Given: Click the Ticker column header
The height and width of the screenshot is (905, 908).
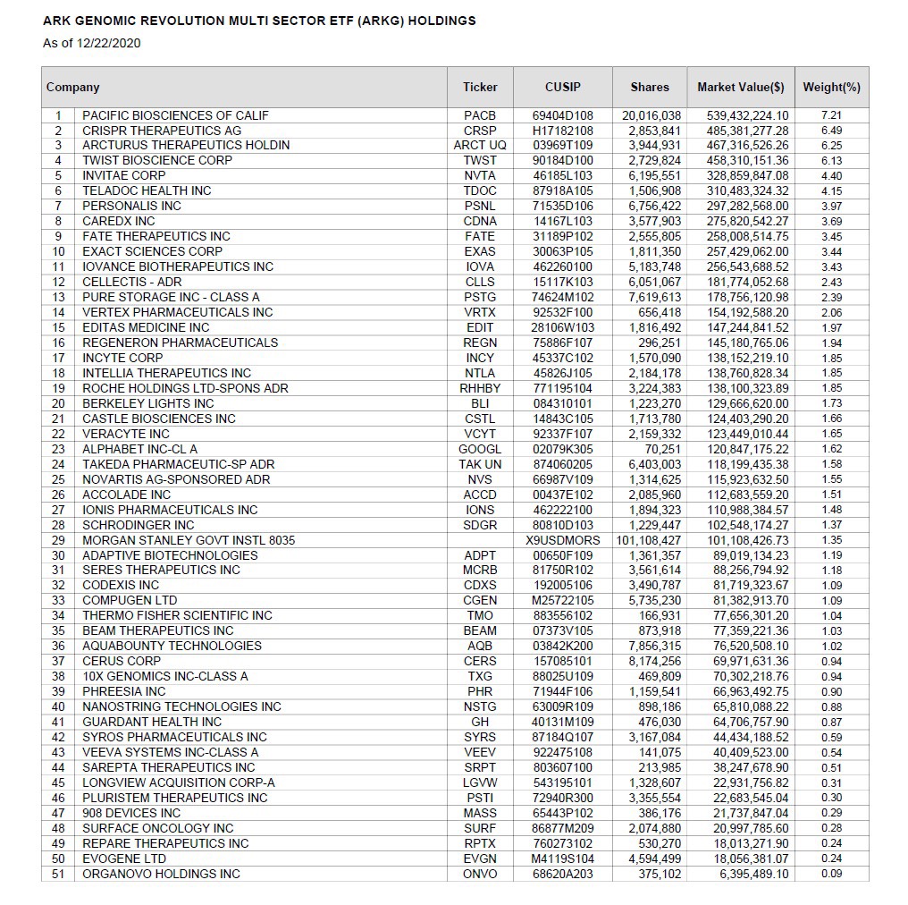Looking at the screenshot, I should tap(480, 88).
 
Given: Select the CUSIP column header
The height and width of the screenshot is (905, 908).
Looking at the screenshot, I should tap(562, 88).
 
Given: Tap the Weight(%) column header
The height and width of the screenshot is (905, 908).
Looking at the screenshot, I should tap(831, 88).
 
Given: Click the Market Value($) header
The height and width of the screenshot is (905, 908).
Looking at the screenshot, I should tap(741, 88).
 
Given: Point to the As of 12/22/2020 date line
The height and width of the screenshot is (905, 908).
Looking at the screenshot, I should tap(92, 42).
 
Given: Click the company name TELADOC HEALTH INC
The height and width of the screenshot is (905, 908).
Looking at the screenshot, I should tap(147, 190).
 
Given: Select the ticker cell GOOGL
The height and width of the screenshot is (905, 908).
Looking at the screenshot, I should tap(480, 449).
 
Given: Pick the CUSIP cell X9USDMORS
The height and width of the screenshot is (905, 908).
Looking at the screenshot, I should tap(562, 540).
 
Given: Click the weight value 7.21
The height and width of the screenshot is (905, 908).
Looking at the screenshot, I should tap(831, 115).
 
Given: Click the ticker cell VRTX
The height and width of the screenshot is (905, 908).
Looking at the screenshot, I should tap(480, 312).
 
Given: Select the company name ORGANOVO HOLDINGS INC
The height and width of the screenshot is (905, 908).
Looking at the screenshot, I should tap(161, 874).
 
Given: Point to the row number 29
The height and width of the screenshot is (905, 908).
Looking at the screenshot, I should tap(58, 540).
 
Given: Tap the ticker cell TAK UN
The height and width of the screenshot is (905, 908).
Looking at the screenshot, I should tap(480, 464).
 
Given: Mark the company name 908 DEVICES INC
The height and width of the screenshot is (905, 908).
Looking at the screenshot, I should tap(131, 813).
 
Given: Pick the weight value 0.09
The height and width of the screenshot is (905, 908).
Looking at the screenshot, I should tap(831, 874).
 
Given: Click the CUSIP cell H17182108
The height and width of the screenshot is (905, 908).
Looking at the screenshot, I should tap(562, 131).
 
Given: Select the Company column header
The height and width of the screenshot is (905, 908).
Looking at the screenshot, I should tap(73, 88).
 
